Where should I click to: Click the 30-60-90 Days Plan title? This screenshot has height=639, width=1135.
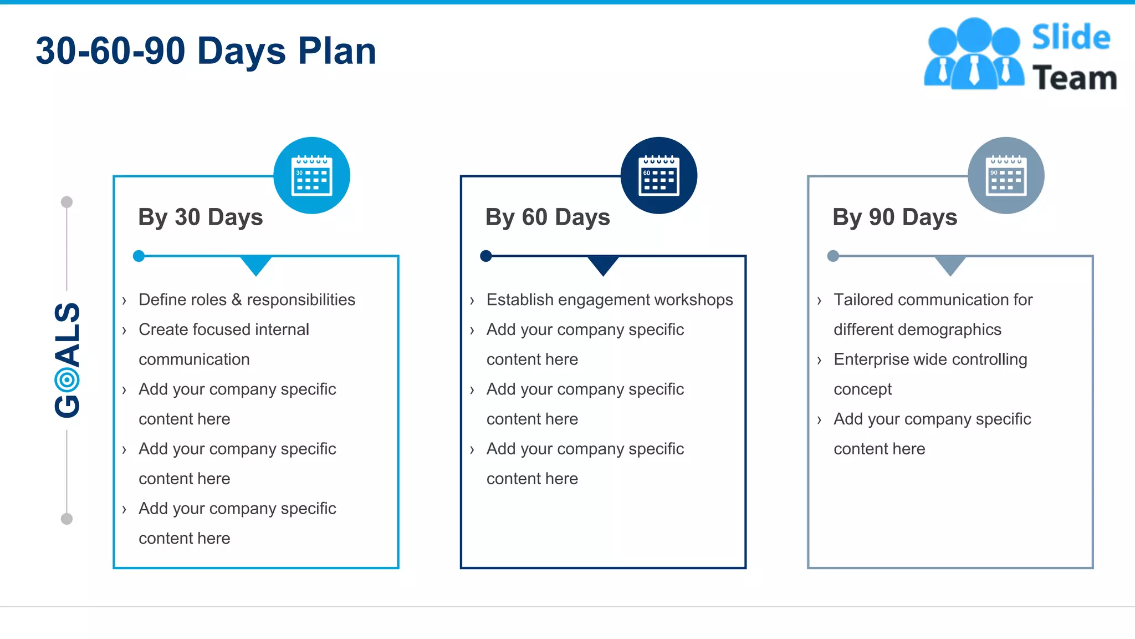[206, 51]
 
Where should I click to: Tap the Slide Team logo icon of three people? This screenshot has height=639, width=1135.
[974, 54]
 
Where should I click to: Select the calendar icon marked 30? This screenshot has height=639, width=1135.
[312, 176]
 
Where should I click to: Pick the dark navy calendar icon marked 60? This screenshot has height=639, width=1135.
[659, 176]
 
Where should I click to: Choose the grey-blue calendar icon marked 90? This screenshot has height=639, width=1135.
[1006, 176]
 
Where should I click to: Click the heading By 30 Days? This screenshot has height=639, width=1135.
[200, 217]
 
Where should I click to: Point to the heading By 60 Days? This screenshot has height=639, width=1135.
[548, 217]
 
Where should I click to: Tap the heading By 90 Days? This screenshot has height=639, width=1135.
[894, 217]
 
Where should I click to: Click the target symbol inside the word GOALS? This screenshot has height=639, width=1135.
[67, 380]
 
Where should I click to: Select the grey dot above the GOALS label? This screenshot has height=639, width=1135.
[67, 202]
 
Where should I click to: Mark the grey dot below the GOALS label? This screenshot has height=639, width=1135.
[67, 519]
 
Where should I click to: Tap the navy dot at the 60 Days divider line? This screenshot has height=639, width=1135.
[486, 256]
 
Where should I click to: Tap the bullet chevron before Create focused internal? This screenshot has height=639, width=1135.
[124, 331]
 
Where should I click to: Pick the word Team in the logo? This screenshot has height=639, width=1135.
[1075, 78]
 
